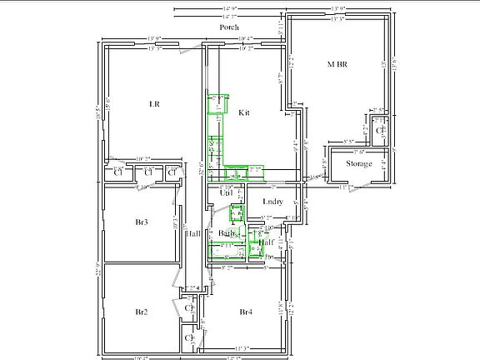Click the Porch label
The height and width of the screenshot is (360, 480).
click(x=229, y=27)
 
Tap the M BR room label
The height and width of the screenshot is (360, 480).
click(x=337, y=64)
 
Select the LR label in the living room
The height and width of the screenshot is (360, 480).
click(x=153, y=103)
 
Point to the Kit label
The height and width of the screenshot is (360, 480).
click(x=244, y=112)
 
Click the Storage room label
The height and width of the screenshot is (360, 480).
click(x=359, y=164)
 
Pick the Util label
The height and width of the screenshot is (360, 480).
click(x=226, y=193)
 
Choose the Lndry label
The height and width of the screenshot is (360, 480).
click(x=272, y=202)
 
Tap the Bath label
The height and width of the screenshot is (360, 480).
click(x=227, y=233)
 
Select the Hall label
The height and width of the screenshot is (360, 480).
click(x=192, y=233)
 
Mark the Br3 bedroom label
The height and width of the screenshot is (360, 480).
click(x=142, y=222)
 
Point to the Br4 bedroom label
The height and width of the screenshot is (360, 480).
click(x=246, y=312)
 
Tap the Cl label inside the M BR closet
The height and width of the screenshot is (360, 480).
click(x=379, y=131)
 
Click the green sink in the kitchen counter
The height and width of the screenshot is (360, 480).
click(x=237, y=176)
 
